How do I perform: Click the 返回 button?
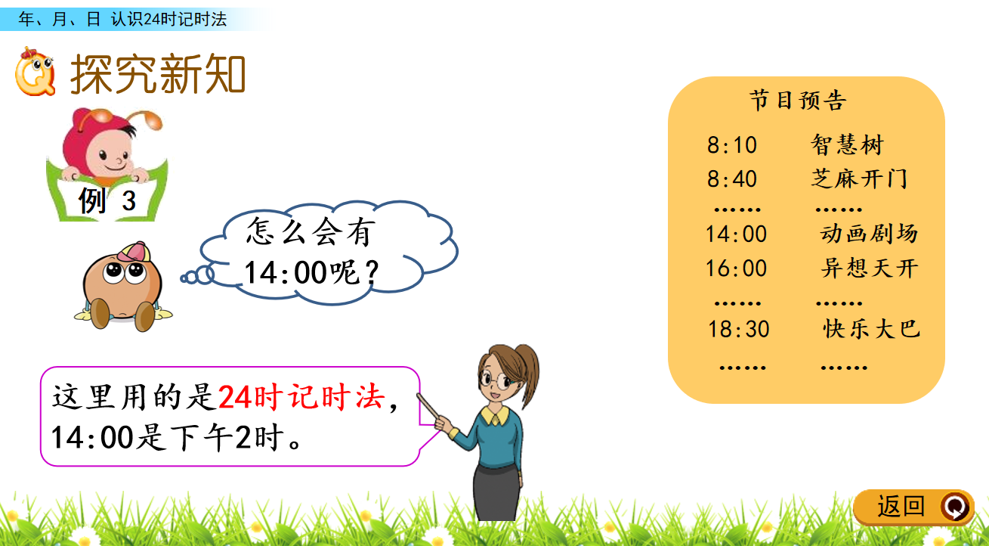(913, 507)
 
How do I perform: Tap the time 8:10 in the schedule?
(732, 145)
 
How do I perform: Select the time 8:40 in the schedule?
(732, 179)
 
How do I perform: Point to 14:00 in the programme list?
(736, 234)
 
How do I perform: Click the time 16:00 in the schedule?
(736, 268)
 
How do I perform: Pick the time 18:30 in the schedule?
(739, 329)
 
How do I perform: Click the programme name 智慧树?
(847, 144)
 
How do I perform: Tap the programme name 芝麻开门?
(859, 179)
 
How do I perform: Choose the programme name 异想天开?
(870, 268)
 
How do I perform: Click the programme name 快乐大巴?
(872, 329)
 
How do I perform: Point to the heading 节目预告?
(799, 101)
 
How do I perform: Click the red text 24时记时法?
(301, 397)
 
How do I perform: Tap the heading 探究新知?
(158, 74)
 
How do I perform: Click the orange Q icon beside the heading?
(35, 72)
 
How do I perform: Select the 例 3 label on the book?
(107, 200)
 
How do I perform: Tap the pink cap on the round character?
(134, 252)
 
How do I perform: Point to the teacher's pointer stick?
(428, 407)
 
